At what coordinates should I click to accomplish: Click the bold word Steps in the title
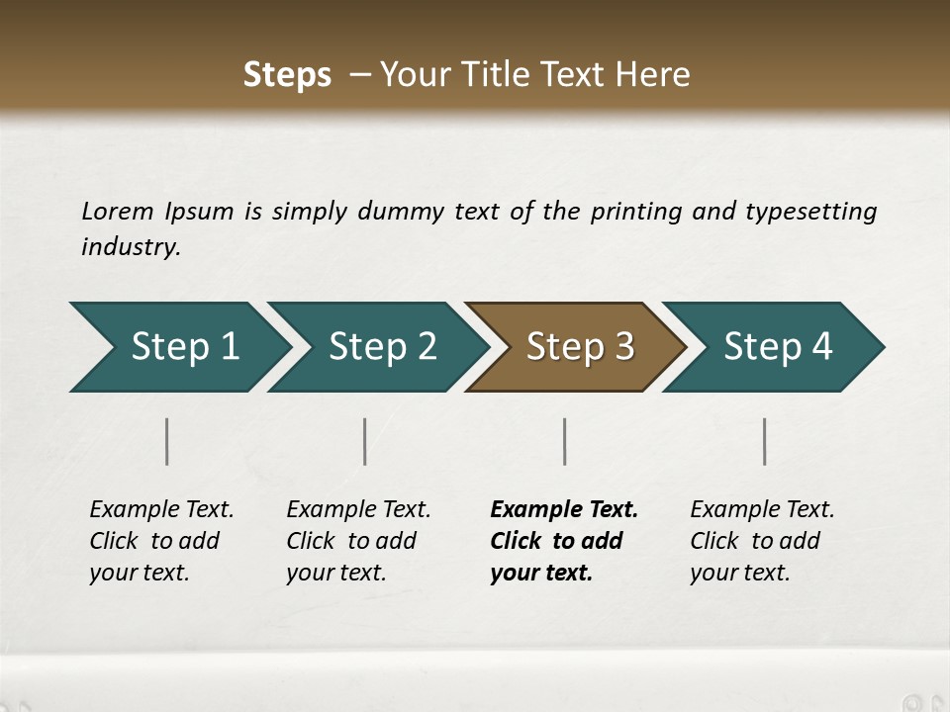click(287, 75)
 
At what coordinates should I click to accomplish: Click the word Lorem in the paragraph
click(118, 211)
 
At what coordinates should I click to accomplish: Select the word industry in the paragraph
click(131, 246)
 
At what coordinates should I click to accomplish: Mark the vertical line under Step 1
click(167, 441)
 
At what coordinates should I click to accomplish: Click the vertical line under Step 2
click(365, 441)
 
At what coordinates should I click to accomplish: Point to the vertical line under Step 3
click(565, 441)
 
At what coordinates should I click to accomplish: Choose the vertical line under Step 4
click(765, 441)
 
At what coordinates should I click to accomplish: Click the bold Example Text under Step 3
click(564, 509)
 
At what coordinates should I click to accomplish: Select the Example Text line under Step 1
click(161, 509)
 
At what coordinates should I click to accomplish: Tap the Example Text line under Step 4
click(762, 509)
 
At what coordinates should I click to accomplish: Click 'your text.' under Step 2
click(335, 573)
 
